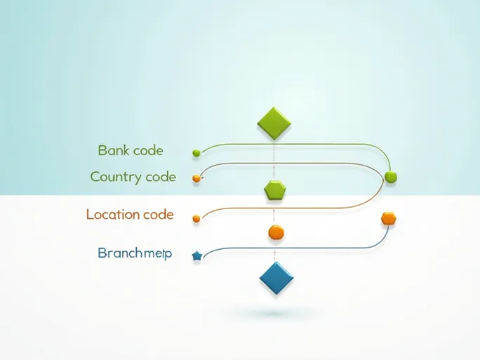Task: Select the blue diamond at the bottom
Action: click(x=276, y=278)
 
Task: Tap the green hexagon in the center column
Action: click(x=275, y=189)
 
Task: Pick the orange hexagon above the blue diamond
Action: click(x=276, y=232)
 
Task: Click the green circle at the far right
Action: click(x=391, y=177)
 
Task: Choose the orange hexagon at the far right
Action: click(x=389, y=218)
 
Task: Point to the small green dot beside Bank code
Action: click(x=196, y=152)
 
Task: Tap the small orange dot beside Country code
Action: click(x=196, y=178)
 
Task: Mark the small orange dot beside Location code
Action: click(x=196, y=219)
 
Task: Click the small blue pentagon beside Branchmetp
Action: click(x=196, y=257)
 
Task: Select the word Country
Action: click(x=116, y=178)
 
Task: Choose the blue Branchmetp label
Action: click(x=135, y=253)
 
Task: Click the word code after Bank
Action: click(x=147, y=150)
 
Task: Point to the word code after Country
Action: click(x=161, y=178)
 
